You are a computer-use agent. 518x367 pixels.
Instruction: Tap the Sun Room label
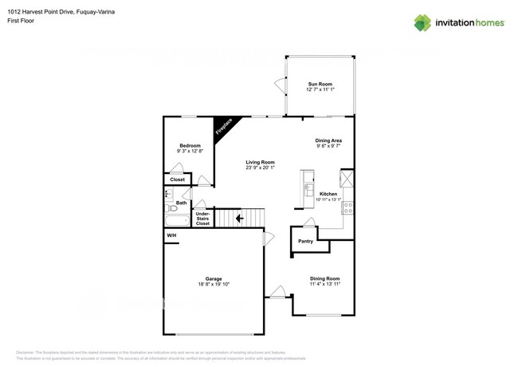(320, 84)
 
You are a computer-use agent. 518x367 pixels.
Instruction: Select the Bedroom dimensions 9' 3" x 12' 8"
(189, 151)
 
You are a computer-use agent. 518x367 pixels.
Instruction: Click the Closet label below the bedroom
(177, 180)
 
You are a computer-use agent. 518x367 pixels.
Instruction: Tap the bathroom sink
(168, 194)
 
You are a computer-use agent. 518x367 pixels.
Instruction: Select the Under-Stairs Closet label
(202, 219)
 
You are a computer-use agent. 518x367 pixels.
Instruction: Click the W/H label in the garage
(171, 236)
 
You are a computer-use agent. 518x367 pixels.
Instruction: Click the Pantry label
(304, 241)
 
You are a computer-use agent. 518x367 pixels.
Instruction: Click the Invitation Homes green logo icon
(423, 22)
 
